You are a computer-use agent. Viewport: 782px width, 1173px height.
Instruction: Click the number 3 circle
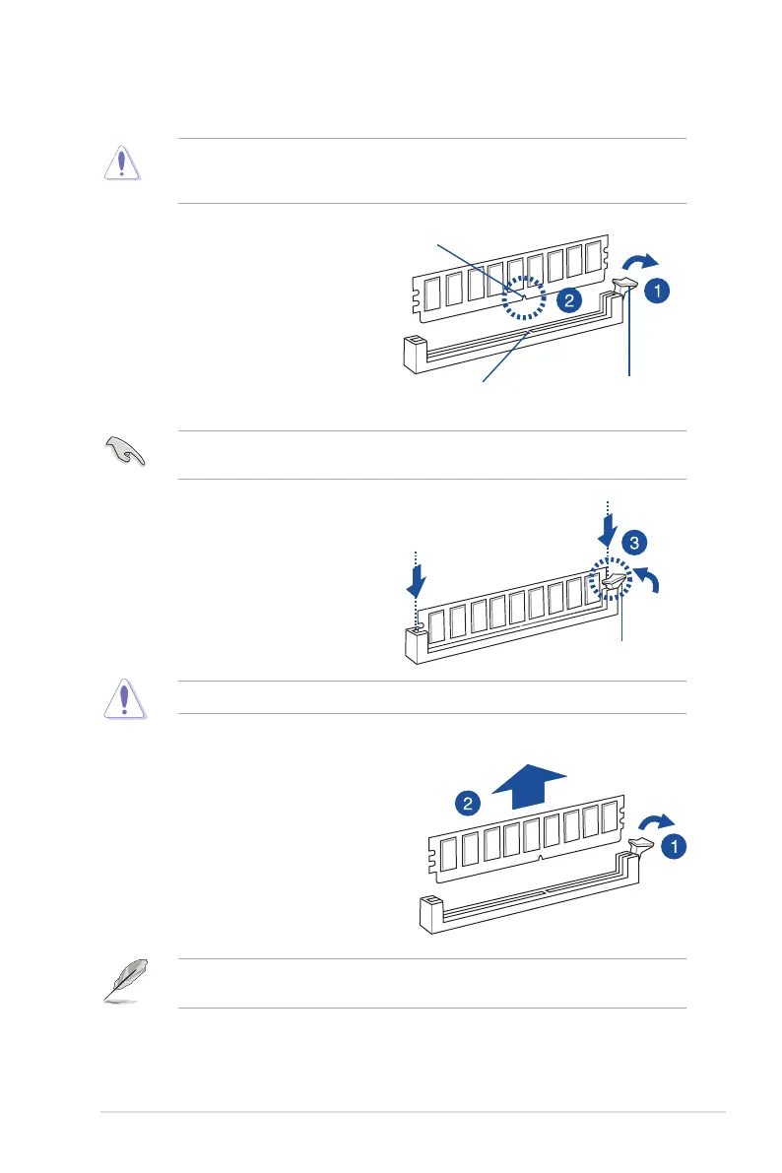click(x=635, y=543)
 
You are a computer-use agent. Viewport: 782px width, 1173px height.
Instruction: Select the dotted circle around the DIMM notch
click(x=525, y=302)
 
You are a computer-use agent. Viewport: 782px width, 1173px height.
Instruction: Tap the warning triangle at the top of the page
click(x=123, y=163)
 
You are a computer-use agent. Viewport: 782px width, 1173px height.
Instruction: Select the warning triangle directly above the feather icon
click(x=123, y=700)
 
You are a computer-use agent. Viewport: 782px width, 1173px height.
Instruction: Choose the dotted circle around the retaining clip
click(x=611, y=583)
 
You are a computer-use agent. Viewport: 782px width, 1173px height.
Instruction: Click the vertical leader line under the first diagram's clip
click(x=628, y=340)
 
